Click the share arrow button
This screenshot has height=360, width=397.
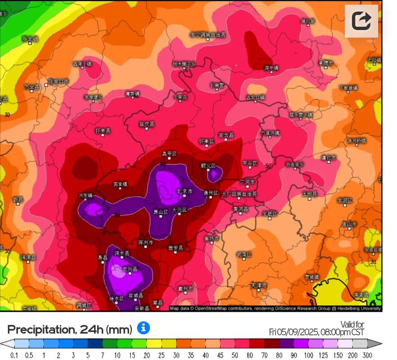coord(361,21)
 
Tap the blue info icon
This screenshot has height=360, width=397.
coord(143,328)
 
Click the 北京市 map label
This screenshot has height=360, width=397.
coord(184,192)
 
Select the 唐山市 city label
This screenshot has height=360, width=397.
coord(349,224)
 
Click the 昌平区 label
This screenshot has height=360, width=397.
coord(169,154)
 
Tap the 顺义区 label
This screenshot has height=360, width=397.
coord(208,166)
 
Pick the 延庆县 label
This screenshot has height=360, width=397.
coord(147,124)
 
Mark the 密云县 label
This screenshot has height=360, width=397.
coord(226,135)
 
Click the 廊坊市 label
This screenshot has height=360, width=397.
coord(211,238)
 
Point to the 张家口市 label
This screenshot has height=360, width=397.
coord(58,81)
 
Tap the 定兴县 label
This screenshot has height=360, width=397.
coord(130,269)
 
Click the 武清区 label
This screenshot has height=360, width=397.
coord(244,255)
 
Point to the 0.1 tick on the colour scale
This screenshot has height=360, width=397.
coord(14,355)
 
